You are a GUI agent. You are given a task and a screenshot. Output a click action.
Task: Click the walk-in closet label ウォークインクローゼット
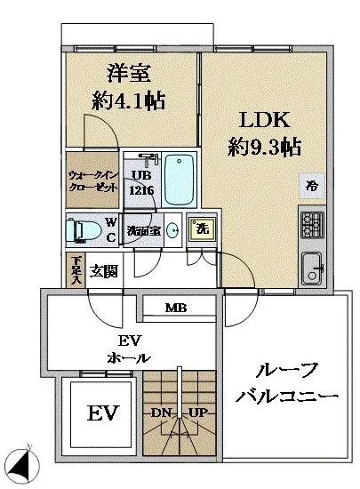92,180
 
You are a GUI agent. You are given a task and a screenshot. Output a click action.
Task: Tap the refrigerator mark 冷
310,188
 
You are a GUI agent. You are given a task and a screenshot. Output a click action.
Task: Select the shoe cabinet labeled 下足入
77,269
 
